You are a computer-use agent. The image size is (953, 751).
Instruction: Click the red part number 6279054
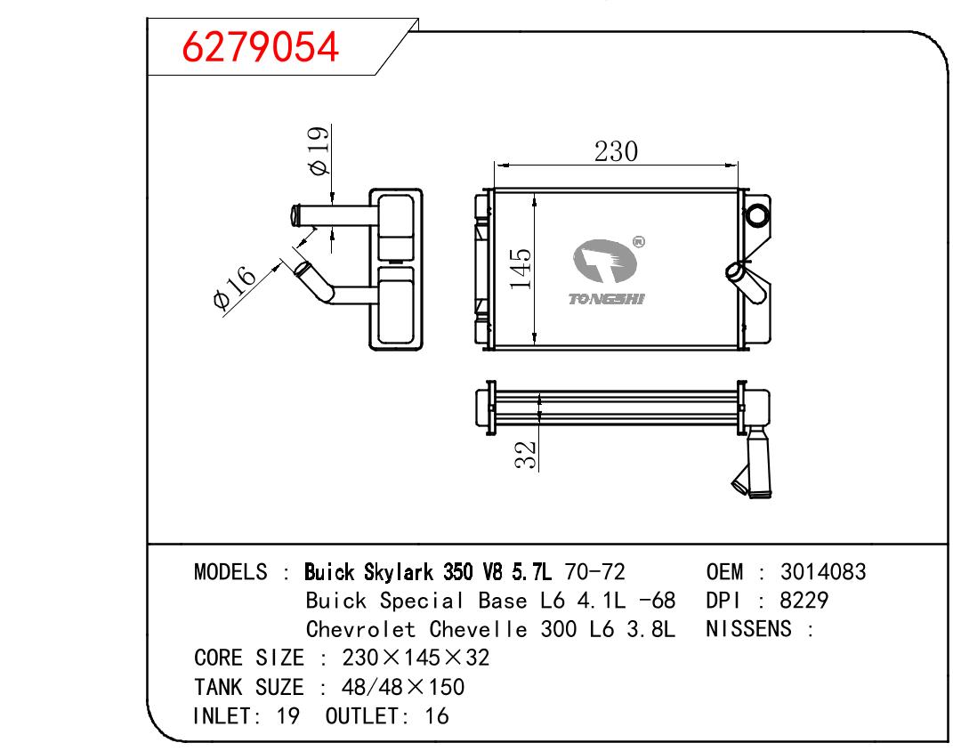(260, 47)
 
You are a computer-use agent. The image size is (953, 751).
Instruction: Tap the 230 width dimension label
(616, 151)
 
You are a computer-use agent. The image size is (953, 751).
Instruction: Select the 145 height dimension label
(521, 268)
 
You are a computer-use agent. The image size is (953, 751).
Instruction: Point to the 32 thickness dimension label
(526, 455)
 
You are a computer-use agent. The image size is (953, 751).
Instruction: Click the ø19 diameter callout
(319, 150)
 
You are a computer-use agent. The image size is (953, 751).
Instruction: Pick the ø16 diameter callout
(235, 287)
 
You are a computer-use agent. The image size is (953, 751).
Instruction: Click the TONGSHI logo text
(606, 299)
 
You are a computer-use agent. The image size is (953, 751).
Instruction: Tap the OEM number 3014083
(823, 572)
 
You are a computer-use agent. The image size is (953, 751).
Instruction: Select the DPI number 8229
(804, 601)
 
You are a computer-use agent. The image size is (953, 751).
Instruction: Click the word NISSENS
(749, 629)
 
